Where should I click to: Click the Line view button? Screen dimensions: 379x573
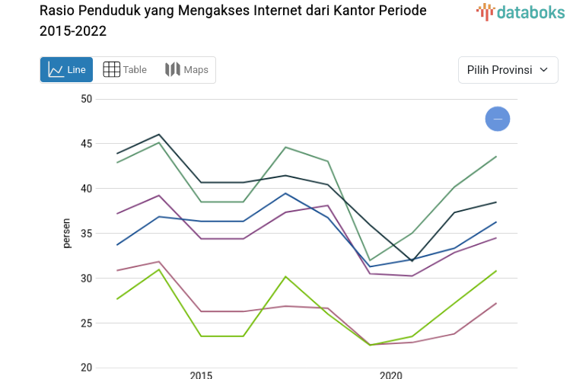66,70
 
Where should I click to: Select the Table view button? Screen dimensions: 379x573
125,70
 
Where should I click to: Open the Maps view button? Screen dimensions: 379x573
186,70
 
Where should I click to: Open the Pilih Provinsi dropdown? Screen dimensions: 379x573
508,70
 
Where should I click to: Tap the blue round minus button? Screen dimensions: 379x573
498,119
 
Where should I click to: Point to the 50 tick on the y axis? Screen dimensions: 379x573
86,99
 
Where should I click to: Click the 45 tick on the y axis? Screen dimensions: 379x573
86,144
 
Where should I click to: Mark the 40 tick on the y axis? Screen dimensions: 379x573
86,189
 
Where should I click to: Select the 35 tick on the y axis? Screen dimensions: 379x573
86,234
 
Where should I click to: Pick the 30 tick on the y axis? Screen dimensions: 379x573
86,279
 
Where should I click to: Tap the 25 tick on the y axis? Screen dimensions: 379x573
86,323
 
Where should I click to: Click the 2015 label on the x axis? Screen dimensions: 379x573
201,374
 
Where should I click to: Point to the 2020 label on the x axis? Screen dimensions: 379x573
390,374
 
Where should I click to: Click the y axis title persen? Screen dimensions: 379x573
67,234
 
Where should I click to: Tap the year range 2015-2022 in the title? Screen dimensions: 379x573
73,31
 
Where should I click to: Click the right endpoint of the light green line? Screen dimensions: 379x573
496,271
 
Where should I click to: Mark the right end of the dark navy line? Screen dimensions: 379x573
496,202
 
